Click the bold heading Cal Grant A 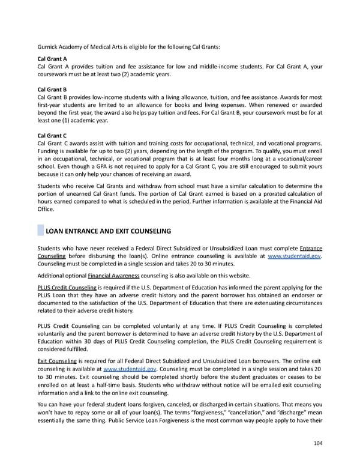coord(52,58)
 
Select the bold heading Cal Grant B coord(52,89)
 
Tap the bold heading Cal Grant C coord(52,135)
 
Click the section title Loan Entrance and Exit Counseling coord(108,231)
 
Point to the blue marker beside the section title coord(40,231)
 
